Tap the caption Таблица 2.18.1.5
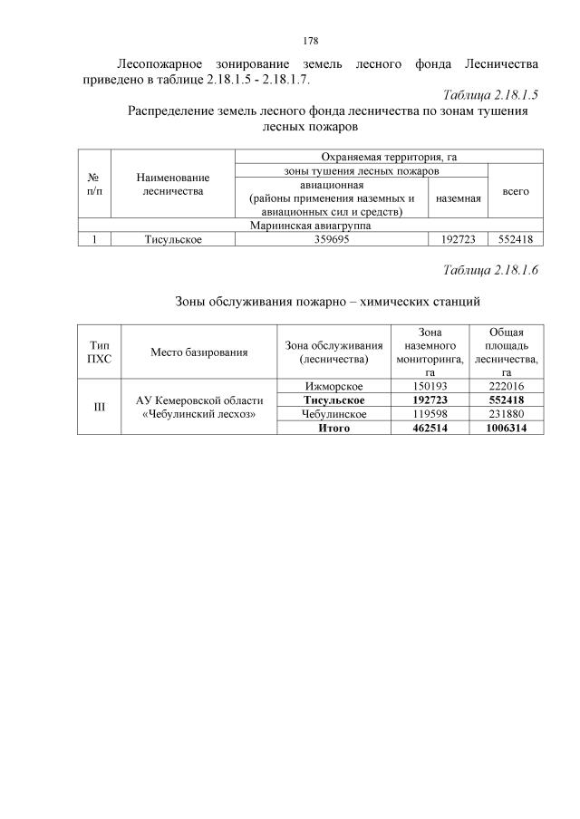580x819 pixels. pyautogui.click(x=491, y=94)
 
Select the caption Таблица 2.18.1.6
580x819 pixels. pyautogui.click(x=491, y=270)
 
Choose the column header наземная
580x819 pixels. pyautogui.click(x=458, y=198)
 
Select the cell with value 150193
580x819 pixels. pyautogui.click(x=425, y=386)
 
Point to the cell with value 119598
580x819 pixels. pyautogui.click(x=425, y=414)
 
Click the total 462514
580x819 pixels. pyautogui.click(x=425, y=428)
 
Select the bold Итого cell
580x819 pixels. pyautogui.click(x=333, y=428)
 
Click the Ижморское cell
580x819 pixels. pyautogui.click(x=333, y=386)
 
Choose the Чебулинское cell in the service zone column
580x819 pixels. pyautogui.click(x=333, y=414)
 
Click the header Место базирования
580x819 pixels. pyautogui.click(x=199, y=352)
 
